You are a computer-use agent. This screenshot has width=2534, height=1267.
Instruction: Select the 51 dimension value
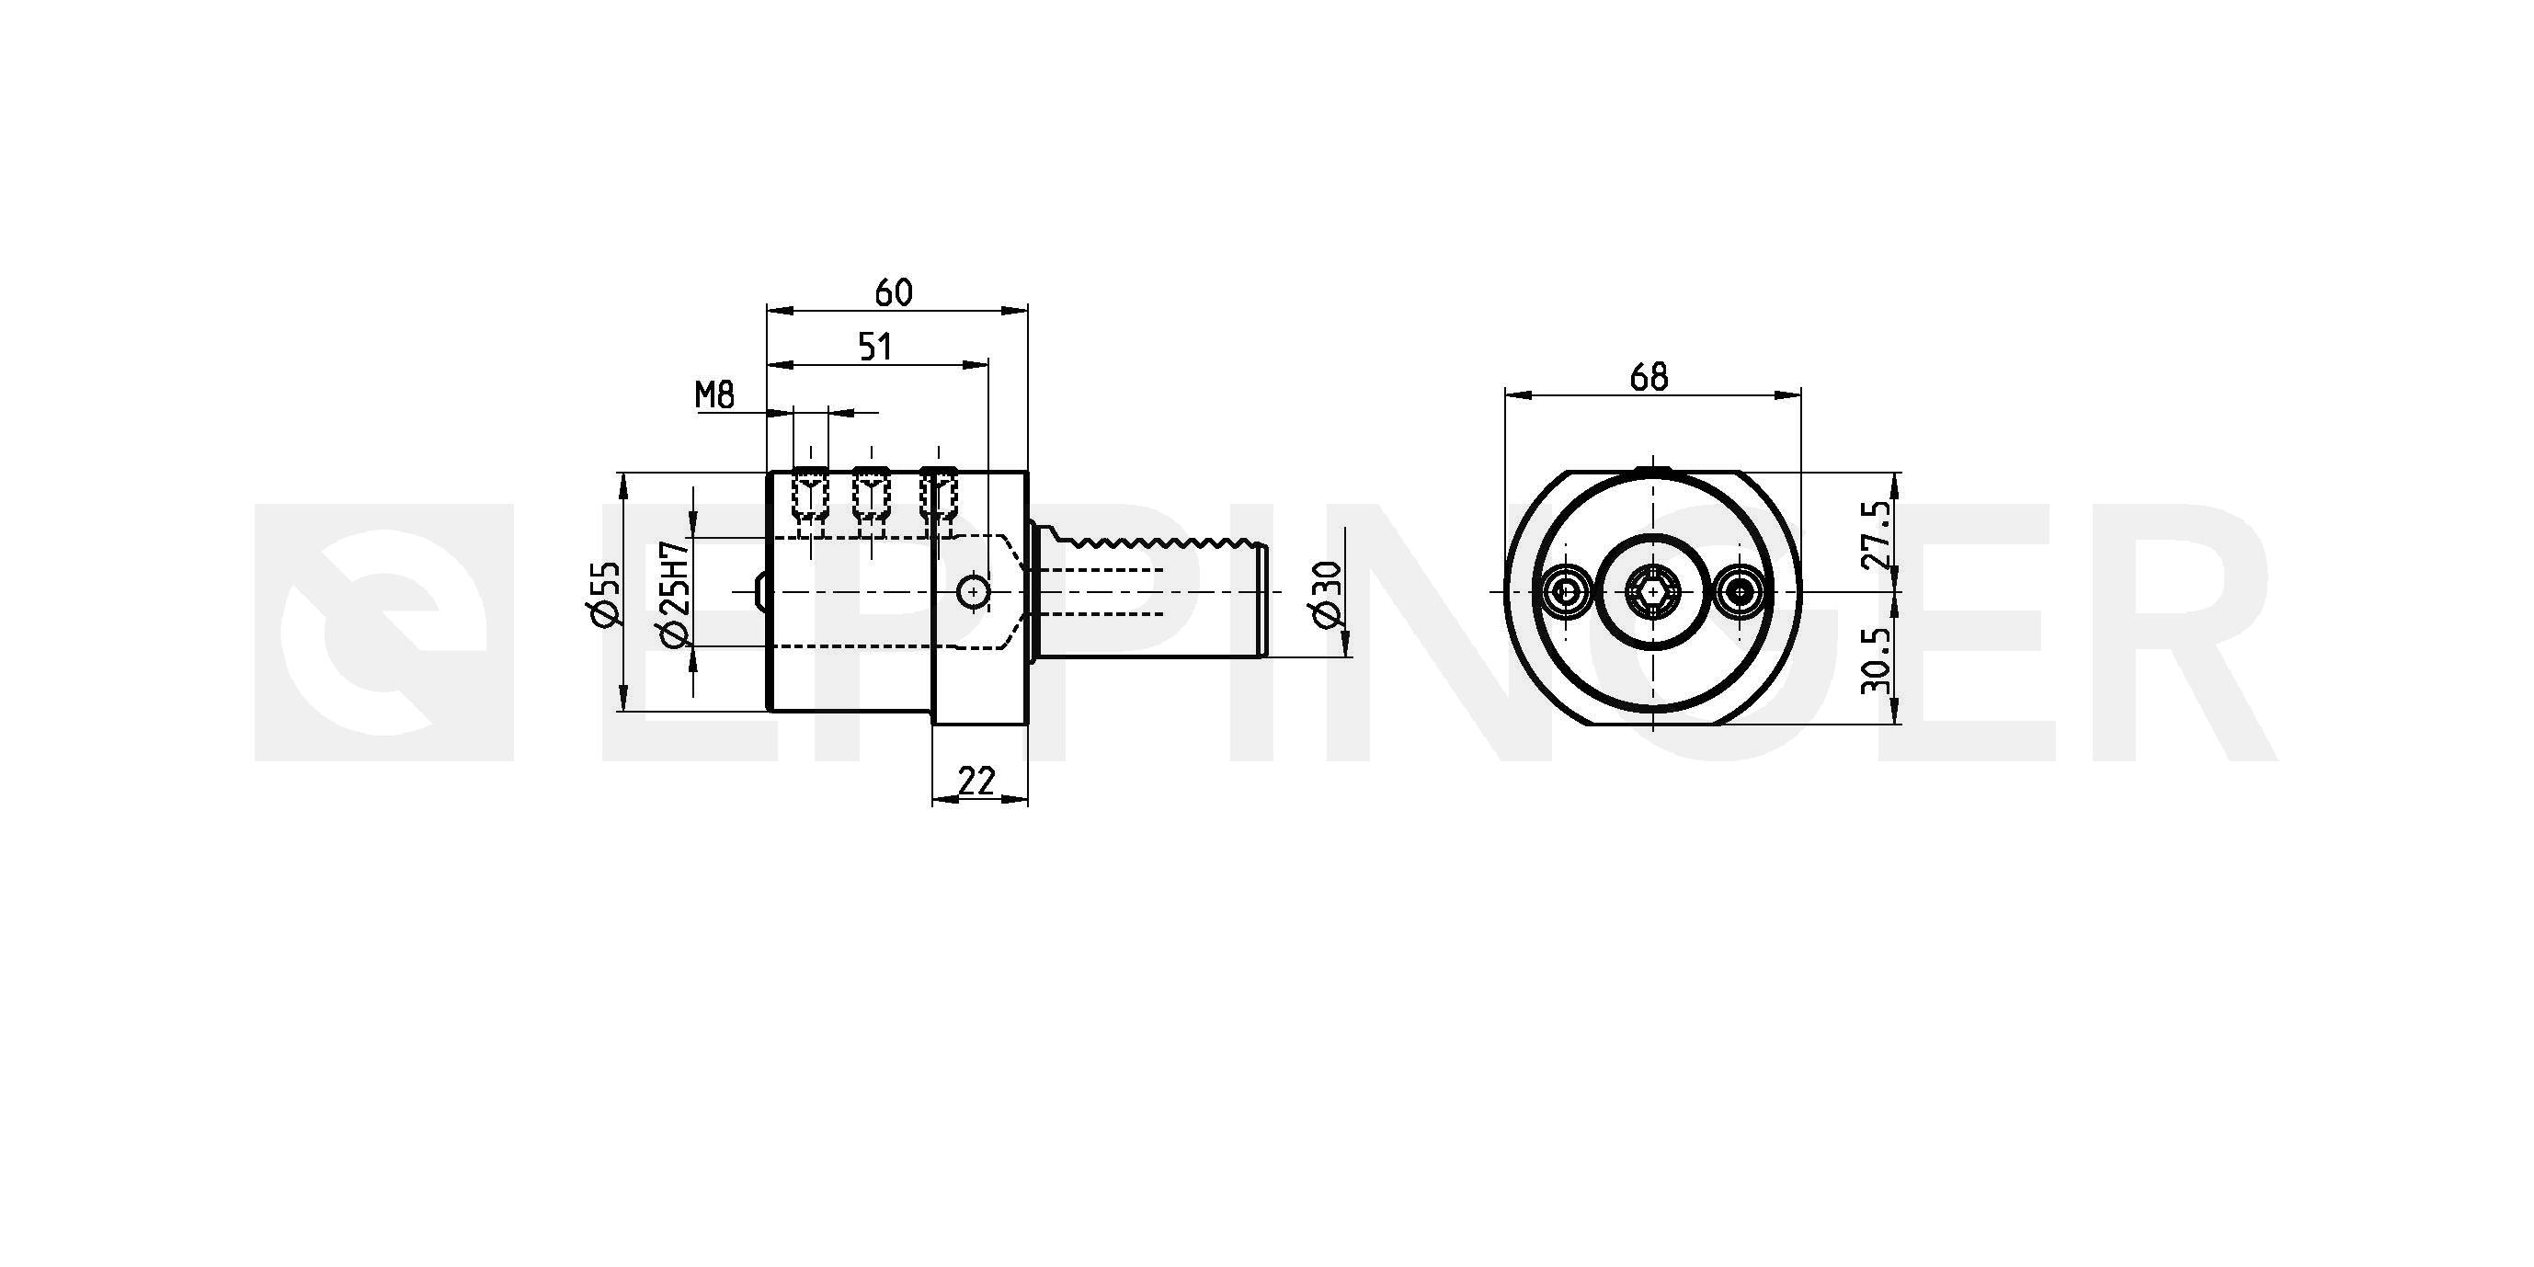[875, 347]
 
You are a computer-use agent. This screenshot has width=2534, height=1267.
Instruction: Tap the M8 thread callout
[715, 395]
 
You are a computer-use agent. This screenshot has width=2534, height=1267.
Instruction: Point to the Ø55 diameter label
[606, 592]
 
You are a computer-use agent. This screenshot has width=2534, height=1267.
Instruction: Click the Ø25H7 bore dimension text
[675, 594]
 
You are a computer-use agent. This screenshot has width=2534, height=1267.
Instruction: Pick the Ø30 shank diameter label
[1327, 593]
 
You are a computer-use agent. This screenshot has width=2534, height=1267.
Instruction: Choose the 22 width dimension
[976, 780]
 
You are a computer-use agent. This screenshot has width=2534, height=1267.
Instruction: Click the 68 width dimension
[1649, 377]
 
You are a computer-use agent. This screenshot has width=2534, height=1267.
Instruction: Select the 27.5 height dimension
[1876, 536]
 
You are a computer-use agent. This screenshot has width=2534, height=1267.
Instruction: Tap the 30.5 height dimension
[1876, 661]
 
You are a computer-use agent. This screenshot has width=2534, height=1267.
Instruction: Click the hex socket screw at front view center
[1652, 592]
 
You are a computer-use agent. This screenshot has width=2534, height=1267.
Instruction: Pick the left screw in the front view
[1564, 592]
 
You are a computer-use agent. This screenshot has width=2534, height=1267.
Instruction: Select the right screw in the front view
[1742, 592]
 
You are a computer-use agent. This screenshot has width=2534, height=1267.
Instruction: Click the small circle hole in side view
[973, 592]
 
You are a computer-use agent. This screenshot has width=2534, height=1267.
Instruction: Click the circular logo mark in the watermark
[384, 632]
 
